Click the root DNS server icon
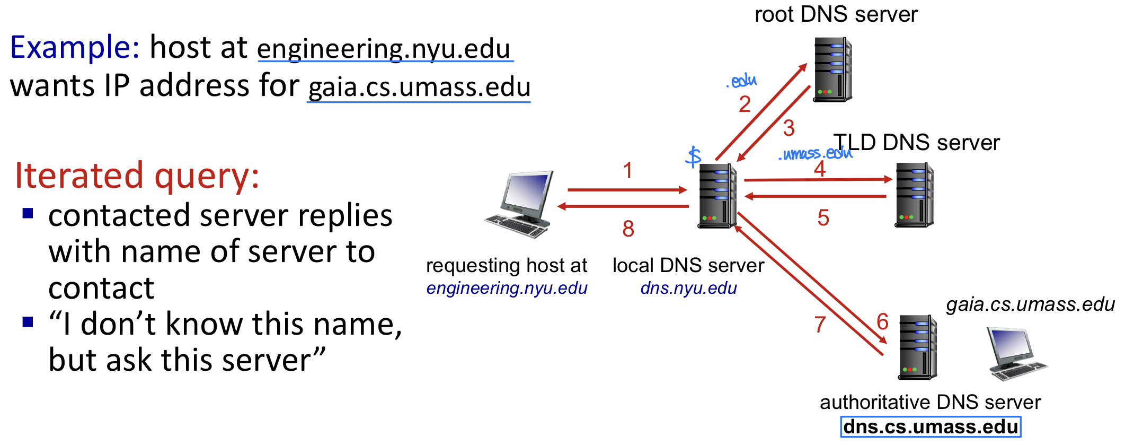click(832, 69)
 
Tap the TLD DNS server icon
click(914, 195)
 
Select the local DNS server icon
click(717, 196)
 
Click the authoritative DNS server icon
click(917, 347)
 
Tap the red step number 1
click(628, 171)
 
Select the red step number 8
click(628, 229)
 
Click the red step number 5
click(823, 218)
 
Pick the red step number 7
click(820, 325)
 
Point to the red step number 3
click(789, 128)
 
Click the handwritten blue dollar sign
click(693, 157)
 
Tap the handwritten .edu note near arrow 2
click(742, 81)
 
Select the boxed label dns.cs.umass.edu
click(931, 427)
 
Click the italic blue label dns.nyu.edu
click(688, 288)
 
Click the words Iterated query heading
click(137, 176)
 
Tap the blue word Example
click(74, 48)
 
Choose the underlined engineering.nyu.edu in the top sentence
click(384, 49)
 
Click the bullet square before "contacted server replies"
click(28, 214)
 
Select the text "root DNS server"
click(836, 14)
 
